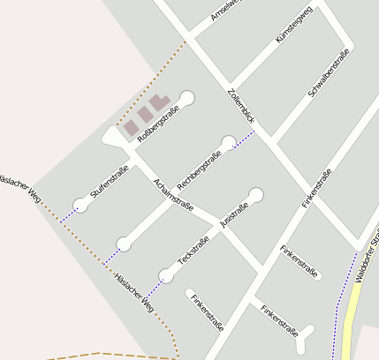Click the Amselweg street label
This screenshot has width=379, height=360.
tap(226, 11)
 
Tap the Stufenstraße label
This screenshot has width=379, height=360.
tap(109, 181)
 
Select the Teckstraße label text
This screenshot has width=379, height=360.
tap(193, 251)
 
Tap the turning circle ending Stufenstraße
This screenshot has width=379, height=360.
tap(81, 204)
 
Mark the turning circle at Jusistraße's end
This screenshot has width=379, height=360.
tap(256, 194)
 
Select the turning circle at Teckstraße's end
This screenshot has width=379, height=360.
tap(166, 275)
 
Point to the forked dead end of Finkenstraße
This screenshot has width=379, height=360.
tap(306, 334)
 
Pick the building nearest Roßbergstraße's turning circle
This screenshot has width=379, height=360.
tap(160, 103)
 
